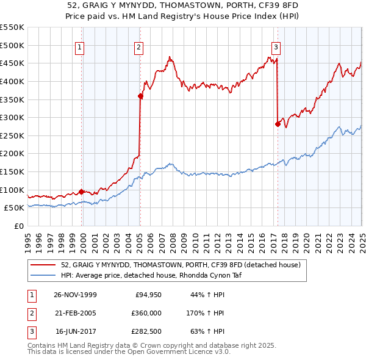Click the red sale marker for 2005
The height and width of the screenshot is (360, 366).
point(140,96)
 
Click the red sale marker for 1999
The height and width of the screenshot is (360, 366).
point(82,192)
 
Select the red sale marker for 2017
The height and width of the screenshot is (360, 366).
point(278,124)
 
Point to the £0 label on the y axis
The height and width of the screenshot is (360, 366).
point(19,226)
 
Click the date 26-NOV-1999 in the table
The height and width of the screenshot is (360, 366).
point(75,295)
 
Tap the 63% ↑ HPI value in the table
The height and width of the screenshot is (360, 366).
point(207,332)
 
